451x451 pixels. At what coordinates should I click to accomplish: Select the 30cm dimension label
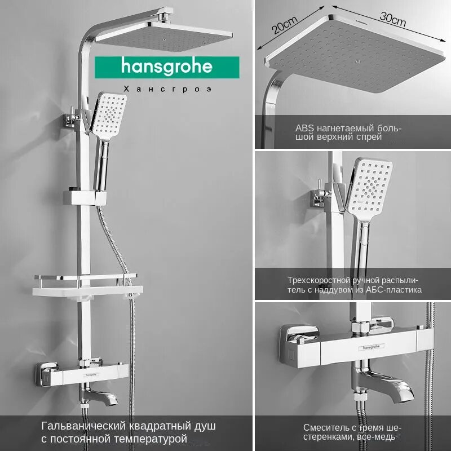pyautogui.click(x=392, y=20)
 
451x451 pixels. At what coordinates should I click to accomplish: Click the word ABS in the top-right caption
pyautogui.click(x=303, y=128)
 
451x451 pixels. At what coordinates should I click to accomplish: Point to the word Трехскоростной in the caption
pyautogui.click(x=319, y=280)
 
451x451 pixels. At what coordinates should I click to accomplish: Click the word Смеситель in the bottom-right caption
pyautogui.click(x=324, y=427)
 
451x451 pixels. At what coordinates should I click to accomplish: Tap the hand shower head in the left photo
pyautogui.click(x=110, y=116)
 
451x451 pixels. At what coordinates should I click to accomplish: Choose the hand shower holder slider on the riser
pyautogui.click(x=85, y=197)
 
